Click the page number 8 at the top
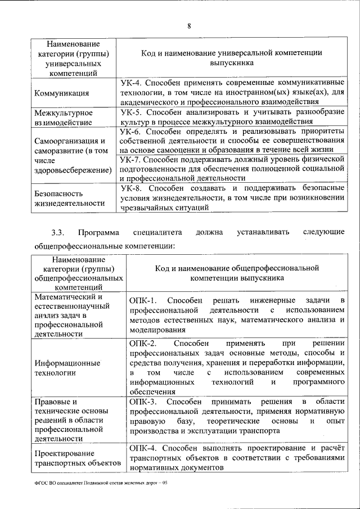(189, 26)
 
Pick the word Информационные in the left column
(67, 362)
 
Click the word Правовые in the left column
(55, 402)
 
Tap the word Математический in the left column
(68, 296)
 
